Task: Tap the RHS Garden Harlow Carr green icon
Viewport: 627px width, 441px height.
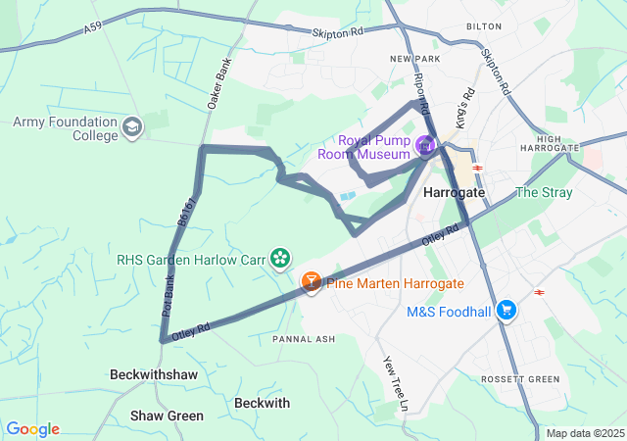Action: tap(281, 259)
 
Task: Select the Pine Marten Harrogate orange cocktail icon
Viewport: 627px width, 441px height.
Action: tap(311, 283)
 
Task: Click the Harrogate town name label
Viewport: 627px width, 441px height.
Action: tap(454, 193)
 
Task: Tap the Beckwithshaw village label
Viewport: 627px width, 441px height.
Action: tap(154, 375)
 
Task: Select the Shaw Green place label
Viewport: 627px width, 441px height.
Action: tap(167, 416)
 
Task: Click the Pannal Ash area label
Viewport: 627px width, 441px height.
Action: tap(304, 339)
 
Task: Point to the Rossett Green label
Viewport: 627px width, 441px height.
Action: tap(520, 379)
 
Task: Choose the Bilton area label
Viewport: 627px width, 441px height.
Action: tap(484, 26)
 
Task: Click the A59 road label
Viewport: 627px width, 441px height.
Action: tap(93, 29)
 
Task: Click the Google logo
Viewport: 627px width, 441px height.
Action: tap(32, 429)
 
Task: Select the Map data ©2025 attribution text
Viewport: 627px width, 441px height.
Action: tap(584, 433)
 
